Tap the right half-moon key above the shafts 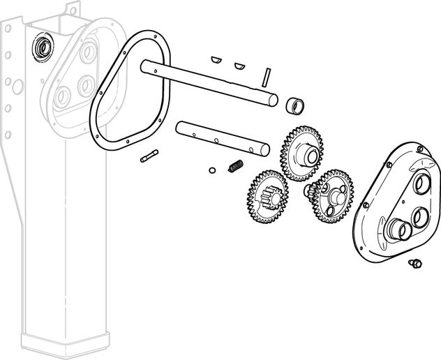click(x=239, y=66)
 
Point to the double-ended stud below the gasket click(x=149, y=156)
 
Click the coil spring click(x=235, y=167)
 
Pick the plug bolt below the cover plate click(x=414, y=263)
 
